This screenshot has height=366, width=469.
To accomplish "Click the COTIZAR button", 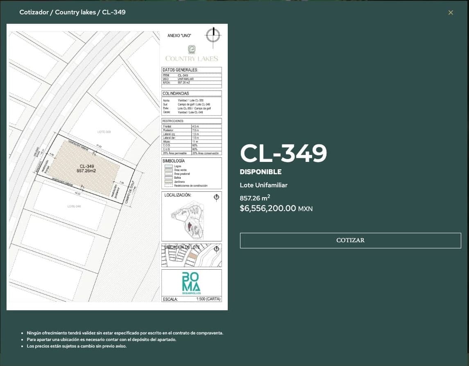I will [x=350, y=240].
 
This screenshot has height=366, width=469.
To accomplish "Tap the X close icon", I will [x=451, y=13].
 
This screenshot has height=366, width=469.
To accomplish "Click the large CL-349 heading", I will [x=283, y=153].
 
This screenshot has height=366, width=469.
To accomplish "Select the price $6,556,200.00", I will [x=268, y=208].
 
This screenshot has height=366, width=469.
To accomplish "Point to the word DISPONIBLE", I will [x=261, y=172].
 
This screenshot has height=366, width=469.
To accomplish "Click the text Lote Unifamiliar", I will [x=263, y=185].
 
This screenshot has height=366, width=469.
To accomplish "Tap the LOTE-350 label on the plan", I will [x=104, y=132].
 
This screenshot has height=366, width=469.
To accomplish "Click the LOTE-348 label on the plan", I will [x=74, y=206].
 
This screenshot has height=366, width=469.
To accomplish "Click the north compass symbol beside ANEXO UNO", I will [x=213, y=35].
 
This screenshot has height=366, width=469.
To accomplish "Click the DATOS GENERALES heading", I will [x=180, y=70].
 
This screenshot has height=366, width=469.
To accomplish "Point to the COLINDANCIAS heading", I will [x=176, y=93].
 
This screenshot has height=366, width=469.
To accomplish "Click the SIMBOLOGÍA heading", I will [x=174, y=161].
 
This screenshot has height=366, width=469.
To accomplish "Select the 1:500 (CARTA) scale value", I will [x=208, y=299].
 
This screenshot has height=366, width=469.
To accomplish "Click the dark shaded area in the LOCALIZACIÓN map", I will [x=190, y=226].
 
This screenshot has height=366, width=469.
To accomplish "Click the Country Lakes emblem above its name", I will [x=191, y=50].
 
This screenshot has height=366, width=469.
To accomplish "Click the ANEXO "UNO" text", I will [x=179, y=36].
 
